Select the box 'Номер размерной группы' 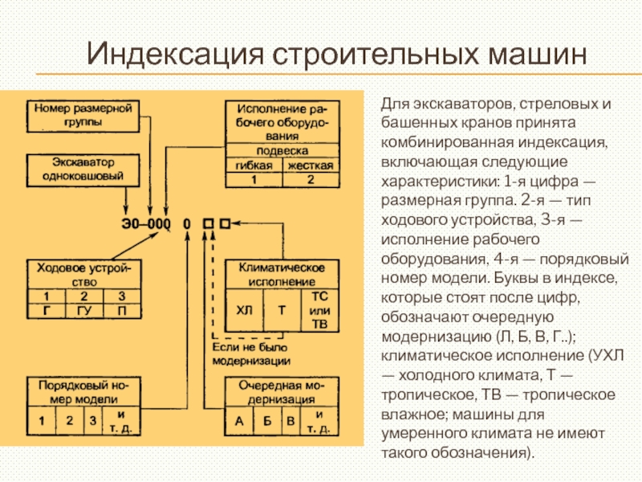[x=83, y=114]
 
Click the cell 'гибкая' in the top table [x=254, y=165]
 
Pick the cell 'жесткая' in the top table [x=311, y=165]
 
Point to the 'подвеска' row [x=282, y=150]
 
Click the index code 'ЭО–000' [x=146, y=223]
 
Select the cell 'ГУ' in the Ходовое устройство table [x=83, y=309]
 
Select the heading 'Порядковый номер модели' [x=83, y=391]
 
